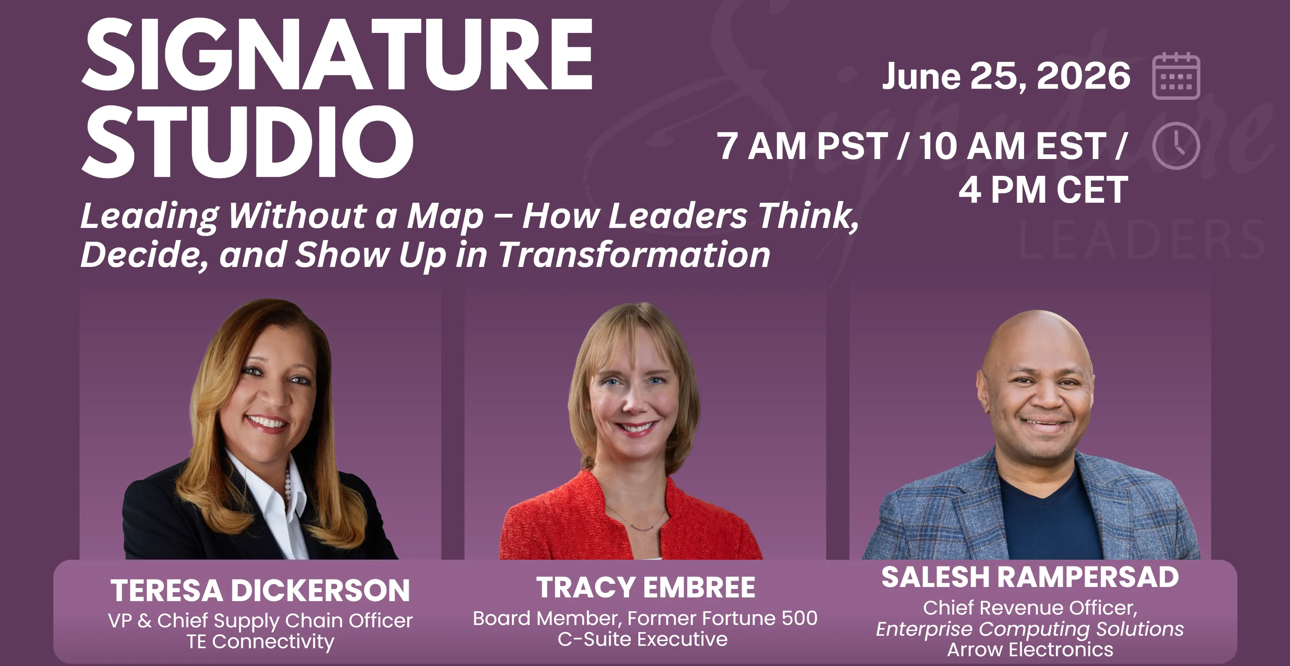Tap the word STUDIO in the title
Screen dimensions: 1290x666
(x=247, y=142)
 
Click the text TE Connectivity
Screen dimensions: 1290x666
(x=260, y=641)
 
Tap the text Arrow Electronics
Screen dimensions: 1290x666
(x=1030, y=650)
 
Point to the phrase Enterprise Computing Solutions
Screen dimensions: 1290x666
(x=1030, y=629)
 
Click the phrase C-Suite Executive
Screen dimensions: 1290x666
(x=643, y=639)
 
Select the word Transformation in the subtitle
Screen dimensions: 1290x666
(x=635, y=254)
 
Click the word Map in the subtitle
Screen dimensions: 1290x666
(x=445, y=217)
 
